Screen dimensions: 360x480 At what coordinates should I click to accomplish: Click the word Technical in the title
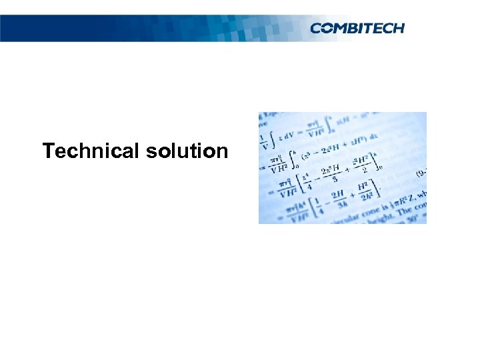click(x=89, y=151)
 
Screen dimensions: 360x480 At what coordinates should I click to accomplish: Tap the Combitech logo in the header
click(x=357, y=28)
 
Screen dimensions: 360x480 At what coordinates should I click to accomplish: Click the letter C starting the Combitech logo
click(x=317, y=28)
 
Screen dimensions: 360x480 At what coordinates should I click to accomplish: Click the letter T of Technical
click(x=48, y=151)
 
